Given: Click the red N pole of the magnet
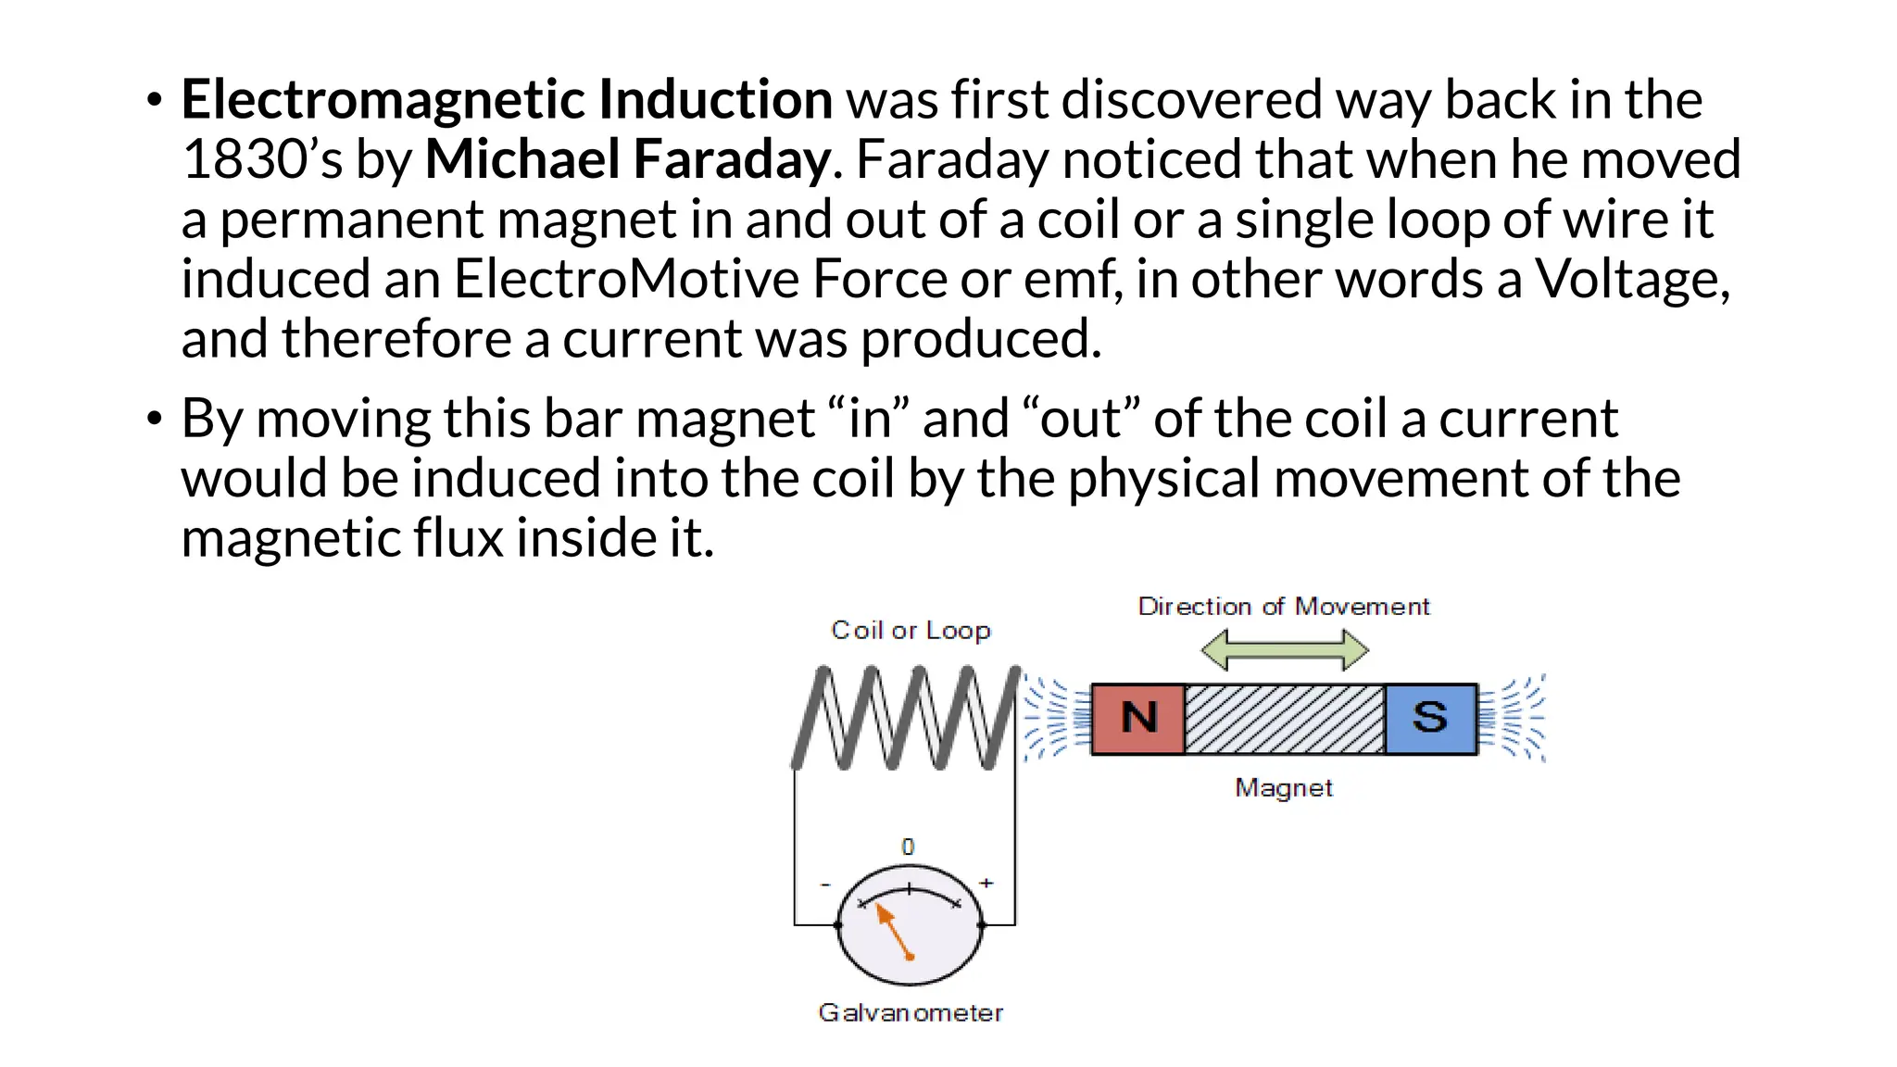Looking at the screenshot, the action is coord(1138,719).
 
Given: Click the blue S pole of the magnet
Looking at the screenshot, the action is coord(1430,719).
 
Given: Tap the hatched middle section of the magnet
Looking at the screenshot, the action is coord(1285,719).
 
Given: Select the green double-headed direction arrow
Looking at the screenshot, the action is coord(1284,649).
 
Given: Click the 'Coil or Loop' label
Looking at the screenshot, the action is coord(911,631).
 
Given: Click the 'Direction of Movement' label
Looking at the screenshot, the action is coord(1283,607).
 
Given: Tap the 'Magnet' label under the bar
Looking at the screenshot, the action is coord(1283,788).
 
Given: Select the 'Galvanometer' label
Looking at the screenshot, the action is coord(910,1013).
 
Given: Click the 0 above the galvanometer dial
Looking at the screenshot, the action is coord(908,847).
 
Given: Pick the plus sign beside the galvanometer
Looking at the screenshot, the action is coord(986,883).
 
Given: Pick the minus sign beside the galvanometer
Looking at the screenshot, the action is coord(825,885).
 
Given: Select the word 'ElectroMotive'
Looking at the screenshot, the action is coord(625,279).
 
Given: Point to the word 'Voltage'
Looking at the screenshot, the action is coord(1631,279).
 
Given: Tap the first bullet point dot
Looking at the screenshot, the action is coord(155,100).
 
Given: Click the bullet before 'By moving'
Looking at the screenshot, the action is coord(155,419).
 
